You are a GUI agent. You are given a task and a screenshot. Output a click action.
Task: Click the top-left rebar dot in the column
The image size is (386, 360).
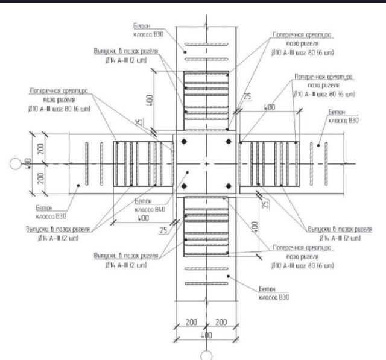pos(185,142)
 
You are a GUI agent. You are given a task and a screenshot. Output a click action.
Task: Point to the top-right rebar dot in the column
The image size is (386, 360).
pos(228,142)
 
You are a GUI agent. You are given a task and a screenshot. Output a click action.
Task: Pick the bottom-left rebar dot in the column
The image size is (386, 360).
pos(185,185)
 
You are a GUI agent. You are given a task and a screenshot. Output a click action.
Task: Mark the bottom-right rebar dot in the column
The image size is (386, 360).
pos(228,185)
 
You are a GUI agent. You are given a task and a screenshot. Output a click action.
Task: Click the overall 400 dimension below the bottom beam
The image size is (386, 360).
pos(206,333)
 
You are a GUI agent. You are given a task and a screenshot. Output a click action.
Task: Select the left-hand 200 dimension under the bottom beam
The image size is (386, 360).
pos(191,323)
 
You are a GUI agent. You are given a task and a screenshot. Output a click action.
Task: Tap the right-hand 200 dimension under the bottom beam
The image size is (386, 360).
pos(222,323)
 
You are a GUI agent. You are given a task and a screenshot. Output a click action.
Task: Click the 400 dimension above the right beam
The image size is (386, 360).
pos(270,107)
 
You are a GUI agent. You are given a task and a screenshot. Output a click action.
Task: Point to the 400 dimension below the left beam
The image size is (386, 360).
pos(144,218)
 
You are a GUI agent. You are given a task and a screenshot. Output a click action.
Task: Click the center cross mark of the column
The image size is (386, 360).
pos(206,163)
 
